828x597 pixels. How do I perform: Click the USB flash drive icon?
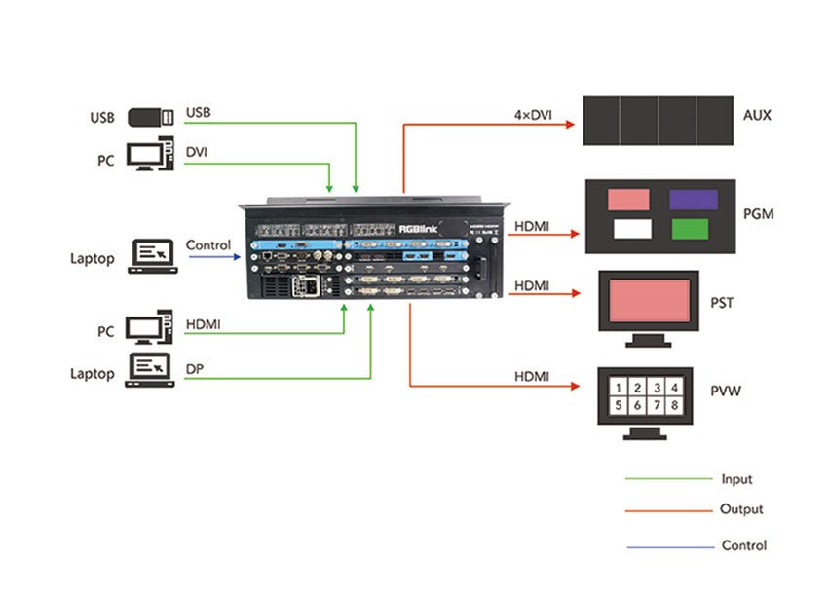pos(150,118)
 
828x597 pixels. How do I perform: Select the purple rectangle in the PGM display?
pos(694,200)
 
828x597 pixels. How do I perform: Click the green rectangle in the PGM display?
pos(694,230)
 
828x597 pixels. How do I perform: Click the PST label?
pos(722,303)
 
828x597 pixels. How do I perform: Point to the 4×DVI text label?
pos(534,115)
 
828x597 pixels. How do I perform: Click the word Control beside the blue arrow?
pos(207,245)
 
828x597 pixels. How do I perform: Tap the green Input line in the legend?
pos(668,478)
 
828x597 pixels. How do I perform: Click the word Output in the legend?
pos(741,509)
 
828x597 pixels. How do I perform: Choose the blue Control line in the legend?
pos(668,546)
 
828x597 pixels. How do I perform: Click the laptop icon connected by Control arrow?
pos(151,257)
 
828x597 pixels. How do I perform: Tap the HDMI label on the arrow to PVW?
pos(532,376)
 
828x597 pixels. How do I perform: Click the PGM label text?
pos(756,212)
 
